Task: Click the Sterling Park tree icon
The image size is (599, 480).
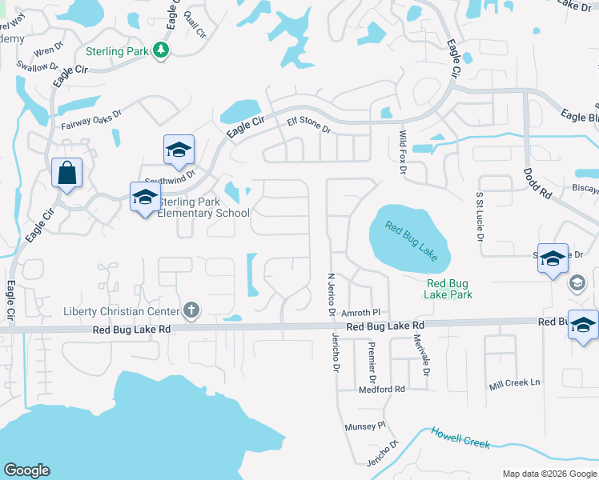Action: (x=162, y=50)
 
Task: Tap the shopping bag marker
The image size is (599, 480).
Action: (x=66, y=172)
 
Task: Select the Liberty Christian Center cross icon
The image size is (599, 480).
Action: (x=191, y=310)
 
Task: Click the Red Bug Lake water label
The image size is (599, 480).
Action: (x=411, y=240)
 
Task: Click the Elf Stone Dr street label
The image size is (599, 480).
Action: (x=308, y=125)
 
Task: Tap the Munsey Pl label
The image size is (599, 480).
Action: (x=365, y=426)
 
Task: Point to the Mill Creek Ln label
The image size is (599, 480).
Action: (x=514, y=383)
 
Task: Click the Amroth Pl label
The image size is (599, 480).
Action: (x=360, y=313)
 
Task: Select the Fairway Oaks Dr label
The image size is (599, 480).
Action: (x=91, y=120)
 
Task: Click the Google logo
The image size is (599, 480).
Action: (x=26, y=470)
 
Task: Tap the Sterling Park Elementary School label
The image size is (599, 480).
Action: (x=203, y=208)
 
